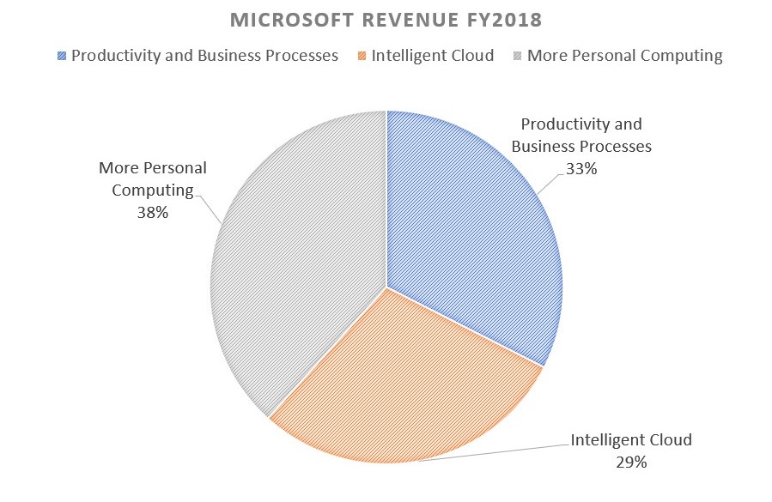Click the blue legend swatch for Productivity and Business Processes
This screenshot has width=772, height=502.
61,57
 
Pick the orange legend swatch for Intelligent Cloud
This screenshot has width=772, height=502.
362,57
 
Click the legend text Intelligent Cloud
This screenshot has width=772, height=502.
434,56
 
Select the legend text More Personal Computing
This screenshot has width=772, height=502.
624,56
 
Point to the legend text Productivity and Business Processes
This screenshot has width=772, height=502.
204,56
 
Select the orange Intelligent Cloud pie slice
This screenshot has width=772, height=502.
404,386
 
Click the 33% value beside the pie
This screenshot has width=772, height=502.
581,169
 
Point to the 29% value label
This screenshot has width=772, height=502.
631,463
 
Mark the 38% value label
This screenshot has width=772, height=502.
153,212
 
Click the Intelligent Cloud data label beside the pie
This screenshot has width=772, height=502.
631,441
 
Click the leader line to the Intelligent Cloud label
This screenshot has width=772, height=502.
498,453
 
